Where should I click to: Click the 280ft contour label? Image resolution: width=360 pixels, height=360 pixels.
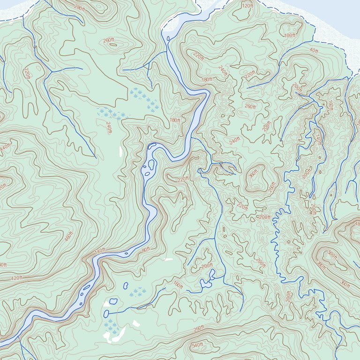80,8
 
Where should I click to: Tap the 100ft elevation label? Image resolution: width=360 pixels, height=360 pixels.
290,35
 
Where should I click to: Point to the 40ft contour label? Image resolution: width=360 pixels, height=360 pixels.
314,50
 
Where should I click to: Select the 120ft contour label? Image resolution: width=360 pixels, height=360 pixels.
247,6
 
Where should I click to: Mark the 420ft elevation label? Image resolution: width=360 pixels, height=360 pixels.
17,278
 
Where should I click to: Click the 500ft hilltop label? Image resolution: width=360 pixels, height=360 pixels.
331,254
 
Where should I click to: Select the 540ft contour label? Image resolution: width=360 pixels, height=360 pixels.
197,345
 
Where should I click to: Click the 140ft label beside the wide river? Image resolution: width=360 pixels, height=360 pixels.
100,252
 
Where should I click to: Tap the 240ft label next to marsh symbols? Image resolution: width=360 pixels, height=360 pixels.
109,127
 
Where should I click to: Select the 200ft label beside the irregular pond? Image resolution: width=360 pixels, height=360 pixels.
206,266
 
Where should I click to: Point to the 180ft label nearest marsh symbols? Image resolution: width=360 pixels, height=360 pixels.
174,120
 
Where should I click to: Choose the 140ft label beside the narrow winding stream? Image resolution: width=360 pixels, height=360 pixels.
319,139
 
